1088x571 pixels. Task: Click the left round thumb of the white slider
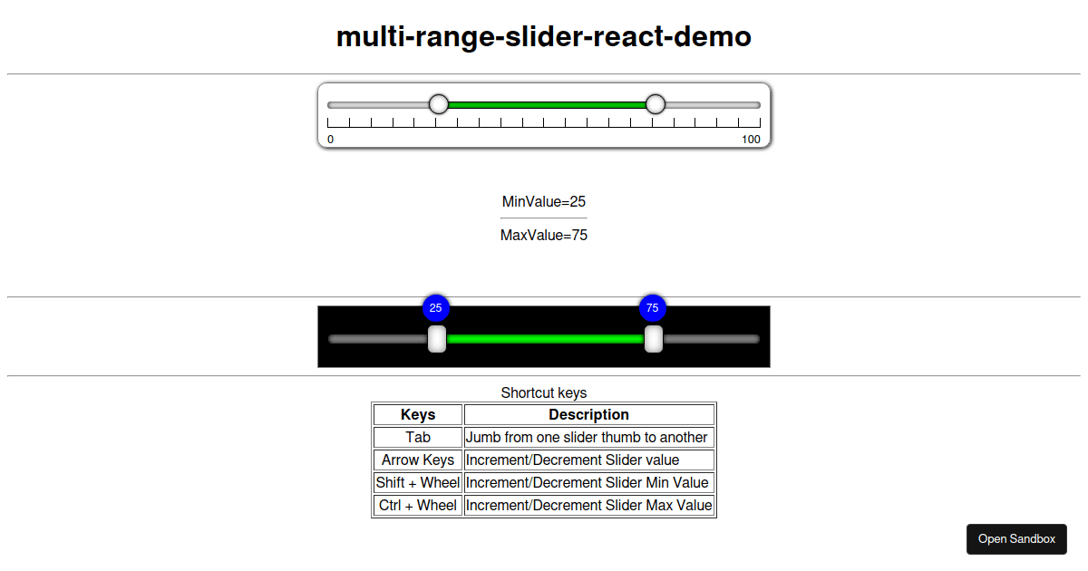pyautogui.click(x=439, y=104)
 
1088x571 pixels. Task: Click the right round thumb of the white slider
pyautogui.click(x=656, y=104)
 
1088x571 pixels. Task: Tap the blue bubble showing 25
pyautogui.click(x=436, y=308)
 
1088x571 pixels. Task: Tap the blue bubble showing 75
pyautogui.click(x=652, y=308)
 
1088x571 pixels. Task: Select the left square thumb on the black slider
pyautogui.click(x=437, y=339)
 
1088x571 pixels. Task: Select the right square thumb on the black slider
pyautogui.click(x=654, y=339)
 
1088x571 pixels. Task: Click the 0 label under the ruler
pyautogui.click(x=330, y=140)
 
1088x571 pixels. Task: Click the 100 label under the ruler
pyautogui.click(x=751, y=140)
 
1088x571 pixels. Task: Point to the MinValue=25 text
pyautogui.click(x=544, y=201)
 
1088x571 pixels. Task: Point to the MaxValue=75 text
pyautogui.click(x=544, y=235)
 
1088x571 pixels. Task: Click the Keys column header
pyautogui.click(x=418, y=415)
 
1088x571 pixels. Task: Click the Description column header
pyautogui.click(x=588, y=415)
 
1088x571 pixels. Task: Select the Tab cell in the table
pyautogui.click(x=418, y=438)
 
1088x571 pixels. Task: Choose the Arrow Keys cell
pyautogui.click(x=418, y=460)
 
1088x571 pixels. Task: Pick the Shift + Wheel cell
pyautogui.click(x=418, y=482)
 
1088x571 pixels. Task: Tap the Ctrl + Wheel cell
pyautogui.click(x=418, y=506)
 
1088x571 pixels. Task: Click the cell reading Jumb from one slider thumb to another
pyautogui.click(x=588, y=438)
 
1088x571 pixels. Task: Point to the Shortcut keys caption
pyautogui.click(x=544, y=392)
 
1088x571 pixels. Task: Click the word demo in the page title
pyautogui.click(x=713, y=37)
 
